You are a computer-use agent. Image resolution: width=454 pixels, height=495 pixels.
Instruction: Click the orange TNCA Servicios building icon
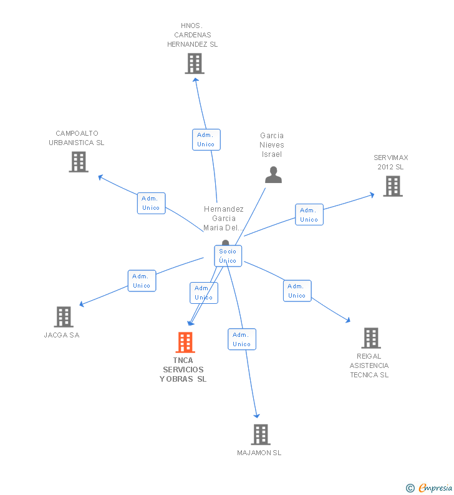point(185,342)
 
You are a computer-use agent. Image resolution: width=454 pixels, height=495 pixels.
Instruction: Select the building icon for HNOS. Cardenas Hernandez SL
point(195,64)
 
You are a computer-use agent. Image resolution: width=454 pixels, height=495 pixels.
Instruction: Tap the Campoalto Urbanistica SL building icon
point(79,162)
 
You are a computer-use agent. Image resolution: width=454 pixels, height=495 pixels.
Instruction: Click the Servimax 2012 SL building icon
point(393,186)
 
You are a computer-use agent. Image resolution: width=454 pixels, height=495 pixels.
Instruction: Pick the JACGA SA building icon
point(64,317)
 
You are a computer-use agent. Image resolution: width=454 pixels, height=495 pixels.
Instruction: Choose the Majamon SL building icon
point(261,435)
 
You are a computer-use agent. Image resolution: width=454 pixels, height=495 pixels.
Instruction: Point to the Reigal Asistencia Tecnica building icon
point(371,338)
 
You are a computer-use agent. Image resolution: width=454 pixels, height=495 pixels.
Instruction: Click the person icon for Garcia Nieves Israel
point(274,175)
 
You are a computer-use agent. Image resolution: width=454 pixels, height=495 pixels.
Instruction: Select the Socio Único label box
point(228,256)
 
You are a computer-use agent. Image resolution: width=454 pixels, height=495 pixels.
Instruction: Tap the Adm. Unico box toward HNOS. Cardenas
point(206,139)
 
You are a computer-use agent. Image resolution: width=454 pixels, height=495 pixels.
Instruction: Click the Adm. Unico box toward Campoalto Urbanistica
point(151,204)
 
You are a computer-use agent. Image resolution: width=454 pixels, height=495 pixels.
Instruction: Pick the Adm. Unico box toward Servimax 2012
point(309,215)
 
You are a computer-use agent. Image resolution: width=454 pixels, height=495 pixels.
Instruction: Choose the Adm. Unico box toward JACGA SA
point(142,281)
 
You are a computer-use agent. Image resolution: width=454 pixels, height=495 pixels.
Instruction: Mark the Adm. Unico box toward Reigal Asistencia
point(297,291)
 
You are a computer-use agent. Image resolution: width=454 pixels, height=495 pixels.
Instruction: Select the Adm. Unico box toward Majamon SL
point(242,339)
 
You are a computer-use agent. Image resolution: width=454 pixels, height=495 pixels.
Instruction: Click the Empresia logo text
point(435,488)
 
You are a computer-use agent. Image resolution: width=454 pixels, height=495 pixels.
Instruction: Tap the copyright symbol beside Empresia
point(410,488)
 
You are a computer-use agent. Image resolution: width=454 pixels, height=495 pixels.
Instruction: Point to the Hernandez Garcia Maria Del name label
point(223,218)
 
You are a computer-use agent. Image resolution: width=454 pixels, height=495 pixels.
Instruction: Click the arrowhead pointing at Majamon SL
point(257,415)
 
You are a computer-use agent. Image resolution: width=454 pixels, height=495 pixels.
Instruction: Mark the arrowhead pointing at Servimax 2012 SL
point(372,195)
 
